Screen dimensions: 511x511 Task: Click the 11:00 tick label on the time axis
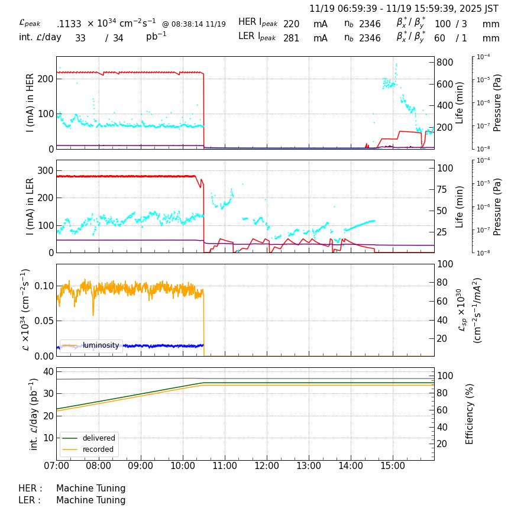225,466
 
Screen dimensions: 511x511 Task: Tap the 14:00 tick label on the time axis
351,466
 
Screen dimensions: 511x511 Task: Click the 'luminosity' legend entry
101,345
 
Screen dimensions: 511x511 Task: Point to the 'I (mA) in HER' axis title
30,102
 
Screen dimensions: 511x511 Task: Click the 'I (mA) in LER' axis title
30,206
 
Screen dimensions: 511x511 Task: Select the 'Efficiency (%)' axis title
470,413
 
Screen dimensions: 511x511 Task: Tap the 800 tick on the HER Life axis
445,63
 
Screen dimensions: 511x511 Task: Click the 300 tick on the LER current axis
46,171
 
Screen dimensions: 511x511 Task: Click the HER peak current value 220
292,24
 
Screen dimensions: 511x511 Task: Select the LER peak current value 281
292,38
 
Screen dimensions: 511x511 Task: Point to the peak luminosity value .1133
69,24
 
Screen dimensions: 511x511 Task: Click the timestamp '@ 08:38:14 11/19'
193,24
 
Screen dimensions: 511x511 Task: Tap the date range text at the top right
404,9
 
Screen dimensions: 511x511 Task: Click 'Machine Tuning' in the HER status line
91,489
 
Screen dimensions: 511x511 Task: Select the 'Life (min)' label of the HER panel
460,102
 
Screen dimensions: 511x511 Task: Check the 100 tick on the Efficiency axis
445,376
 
